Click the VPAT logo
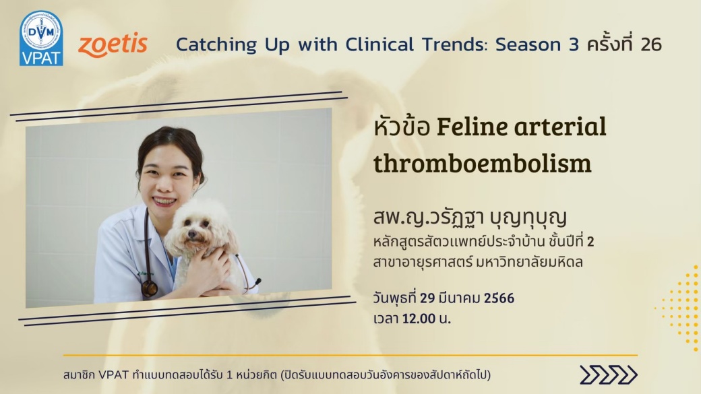pyautogui.click(x=41, y=38)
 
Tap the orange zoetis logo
pyautogui.click(x=113, y=44)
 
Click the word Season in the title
pyautogui.click(x=528, y=44)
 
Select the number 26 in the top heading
pyautogui.click(x=651, y=44)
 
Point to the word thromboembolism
pyautogui.click(x=483, y=163)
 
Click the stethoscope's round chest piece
pyautogui.click(x=150, y=288)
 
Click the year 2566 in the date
pyautogui.click(x=499, y=298)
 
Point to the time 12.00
pyautogui.click(x=419, y=319)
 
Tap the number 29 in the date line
pyautogui.click(x=427, y=298)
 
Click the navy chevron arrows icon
pyautogui.click(x=609, y=374)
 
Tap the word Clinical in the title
pyautogui.click(x=379, y=44)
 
